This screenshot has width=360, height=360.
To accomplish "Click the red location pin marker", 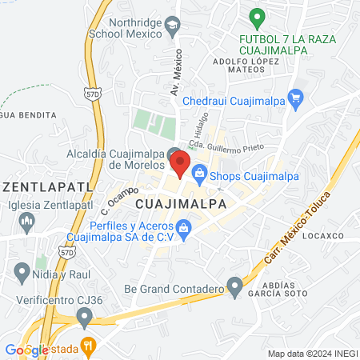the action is point(180,164).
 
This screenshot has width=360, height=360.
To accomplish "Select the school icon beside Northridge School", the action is point(172,26).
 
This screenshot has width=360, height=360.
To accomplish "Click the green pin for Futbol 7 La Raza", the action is point(256,17).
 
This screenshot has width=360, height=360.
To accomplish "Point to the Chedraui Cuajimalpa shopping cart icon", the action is point(296,101).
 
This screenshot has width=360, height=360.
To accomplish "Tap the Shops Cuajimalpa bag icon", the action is point(199,171).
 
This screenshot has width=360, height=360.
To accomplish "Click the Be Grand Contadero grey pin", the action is point(234,286).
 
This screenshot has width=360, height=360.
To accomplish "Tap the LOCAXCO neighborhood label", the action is point(323,236).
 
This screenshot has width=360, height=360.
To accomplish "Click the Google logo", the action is point(26,350).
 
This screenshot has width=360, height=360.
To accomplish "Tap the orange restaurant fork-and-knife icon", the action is point(89,346).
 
